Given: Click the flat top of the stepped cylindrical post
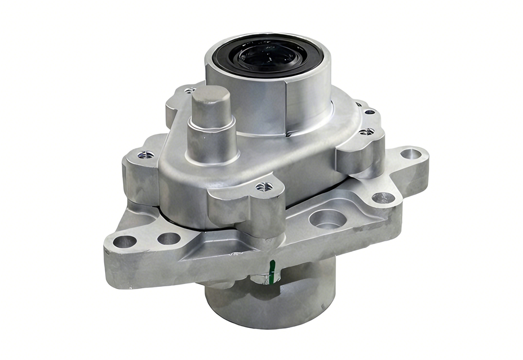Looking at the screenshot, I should [x=210, y=96].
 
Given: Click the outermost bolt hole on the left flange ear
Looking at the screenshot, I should [x=124, y=242].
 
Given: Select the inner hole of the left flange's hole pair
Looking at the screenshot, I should [x=168, y=238].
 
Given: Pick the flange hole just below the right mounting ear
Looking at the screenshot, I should [x=384, y=198].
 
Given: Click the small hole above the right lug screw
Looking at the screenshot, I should [x=369, y=112].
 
